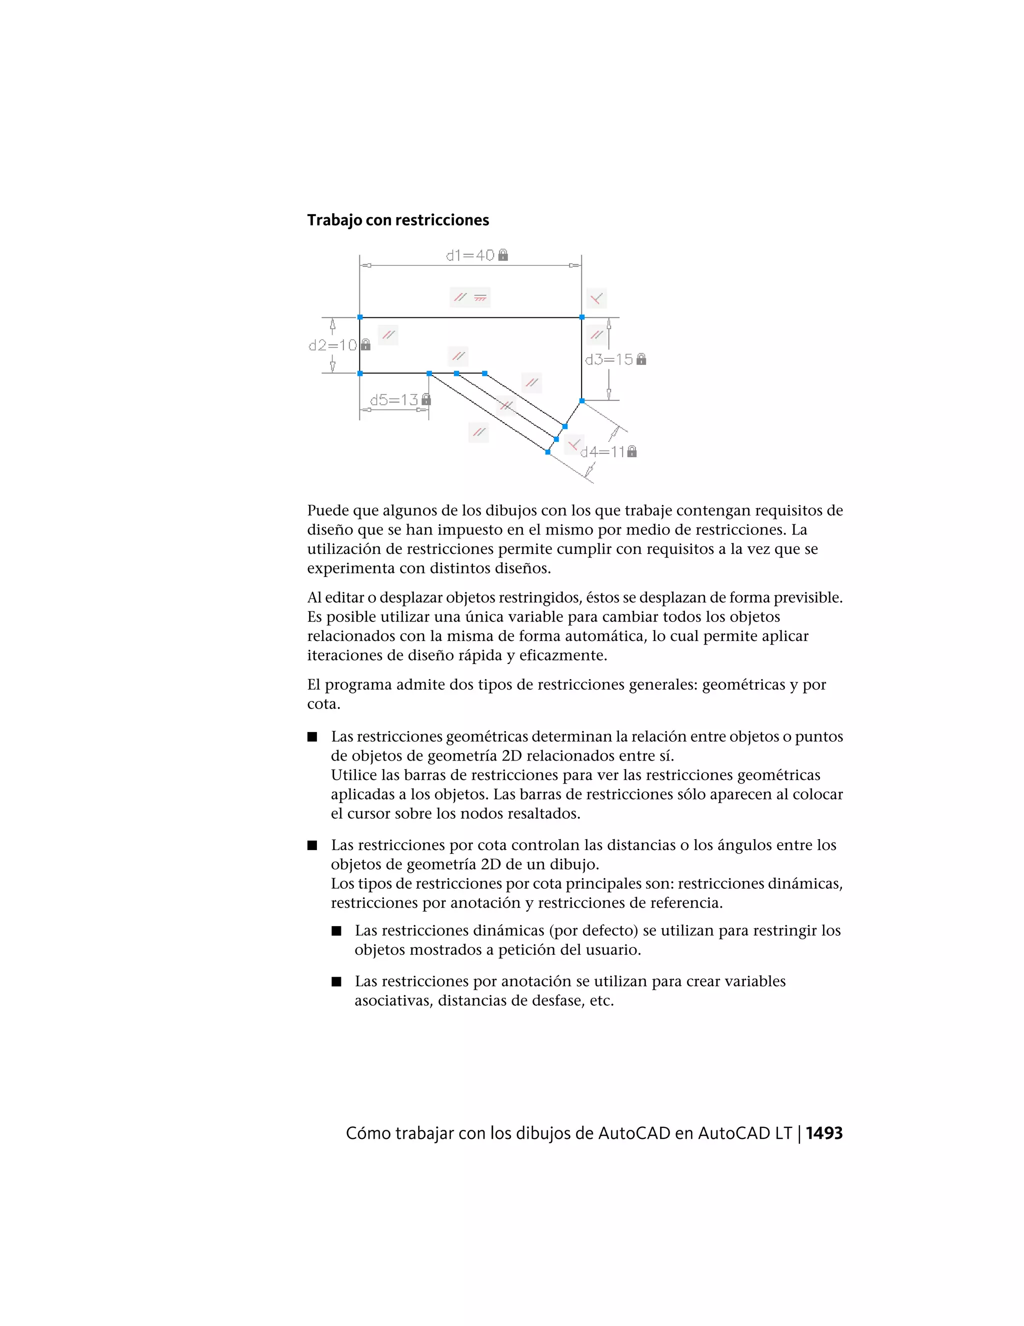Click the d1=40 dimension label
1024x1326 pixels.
coord(470,256)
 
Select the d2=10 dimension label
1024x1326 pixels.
coord(332,345)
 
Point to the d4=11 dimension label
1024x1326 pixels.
coord(602,452)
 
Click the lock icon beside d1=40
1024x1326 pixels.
coord(503,255)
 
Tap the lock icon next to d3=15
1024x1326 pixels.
coord(641,359)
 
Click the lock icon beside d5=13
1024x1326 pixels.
coord(426,399)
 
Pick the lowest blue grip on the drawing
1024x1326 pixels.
coord(548,452)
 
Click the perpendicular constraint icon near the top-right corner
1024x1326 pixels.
coord(597,298)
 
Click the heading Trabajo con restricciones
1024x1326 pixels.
coord(397,220)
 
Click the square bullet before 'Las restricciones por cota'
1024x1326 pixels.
coord(312,845)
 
